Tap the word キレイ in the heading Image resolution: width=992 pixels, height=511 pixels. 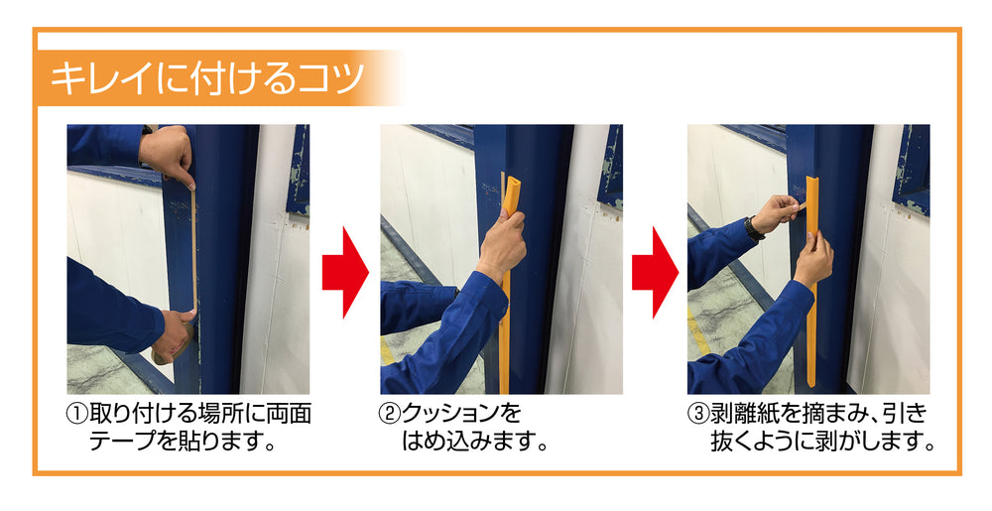95,77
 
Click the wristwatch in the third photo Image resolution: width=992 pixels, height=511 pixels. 755,229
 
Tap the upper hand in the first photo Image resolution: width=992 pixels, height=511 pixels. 169,155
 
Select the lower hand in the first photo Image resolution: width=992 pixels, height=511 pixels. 175,333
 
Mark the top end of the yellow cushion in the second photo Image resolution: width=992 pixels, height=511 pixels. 512,184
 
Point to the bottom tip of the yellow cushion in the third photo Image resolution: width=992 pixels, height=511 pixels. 811,381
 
